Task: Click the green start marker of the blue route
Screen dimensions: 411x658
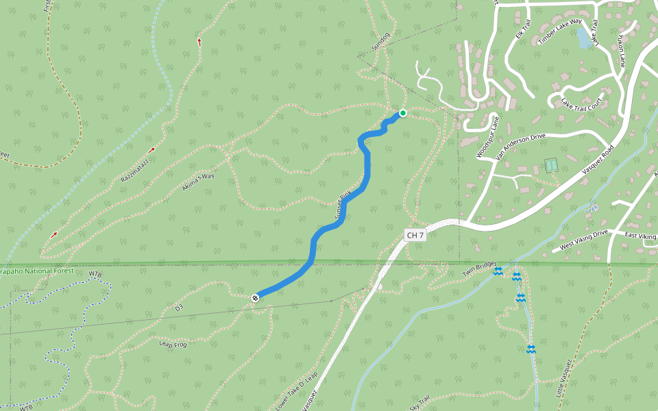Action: (403, 113)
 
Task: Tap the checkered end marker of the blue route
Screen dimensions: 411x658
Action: (255, 297)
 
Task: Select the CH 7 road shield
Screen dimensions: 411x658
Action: (415, 235)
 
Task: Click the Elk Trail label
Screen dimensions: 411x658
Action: (523, 29)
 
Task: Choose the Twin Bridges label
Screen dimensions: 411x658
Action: (478, 269)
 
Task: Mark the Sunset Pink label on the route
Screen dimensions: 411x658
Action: (343, 206)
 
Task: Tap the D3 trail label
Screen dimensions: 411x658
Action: (180, 308)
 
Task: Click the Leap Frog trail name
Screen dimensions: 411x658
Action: (173, 343)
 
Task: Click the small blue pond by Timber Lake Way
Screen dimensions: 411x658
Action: (583, 37)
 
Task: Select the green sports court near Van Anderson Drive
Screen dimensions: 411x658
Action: (550, 165)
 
